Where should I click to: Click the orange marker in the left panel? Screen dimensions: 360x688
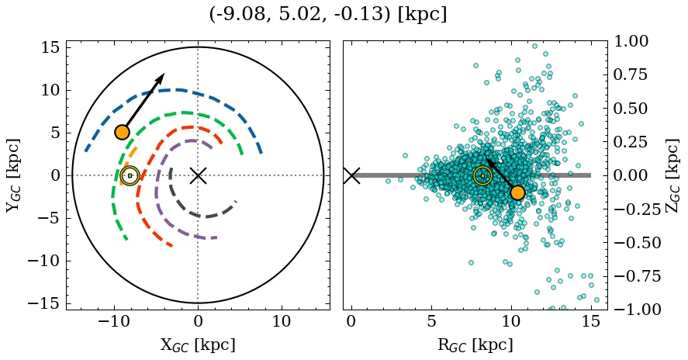point(122,132)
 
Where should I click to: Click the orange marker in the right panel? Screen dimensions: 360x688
point(517,192)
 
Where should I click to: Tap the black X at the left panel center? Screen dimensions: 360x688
point(198,175)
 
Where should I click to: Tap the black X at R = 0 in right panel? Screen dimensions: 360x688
point(351,175)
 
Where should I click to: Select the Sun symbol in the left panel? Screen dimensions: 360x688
point(130,176)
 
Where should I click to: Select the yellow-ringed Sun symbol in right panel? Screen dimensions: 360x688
point(482,176)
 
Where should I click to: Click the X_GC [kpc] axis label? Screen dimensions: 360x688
point(198,344)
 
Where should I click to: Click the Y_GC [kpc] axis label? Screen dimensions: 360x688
point(13,175)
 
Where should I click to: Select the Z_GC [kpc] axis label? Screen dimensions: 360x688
point(672,175)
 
